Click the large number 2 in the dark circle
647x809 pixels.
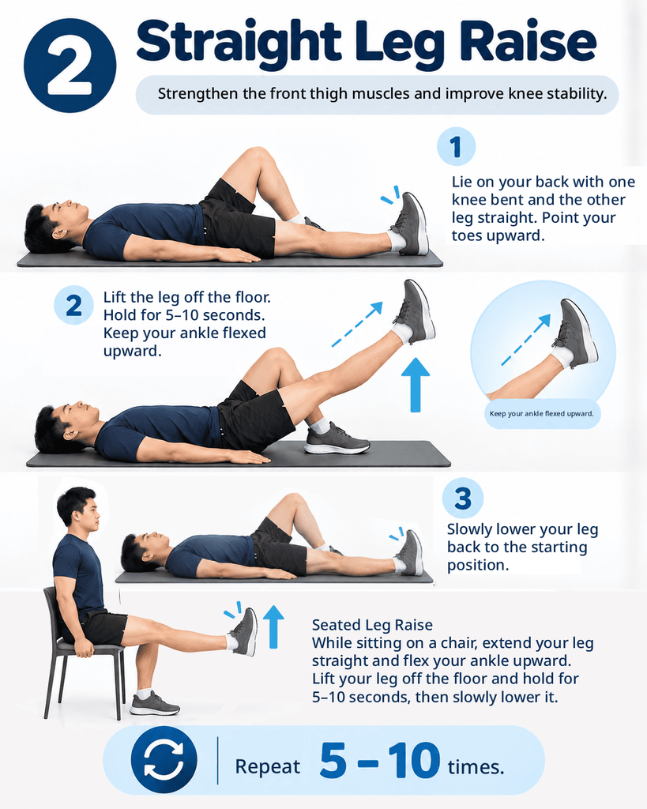(x=70, y=66)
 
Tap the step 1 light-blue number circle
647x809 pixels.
(x=456, y=146)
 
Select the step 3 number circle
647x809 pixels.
(x=463, y=499)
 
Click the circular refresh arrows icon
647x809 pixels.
(x=164, y=760)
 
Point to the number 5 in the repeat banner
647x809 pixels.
(x=333, y=760)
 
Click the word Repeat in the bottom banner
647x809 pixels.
(x=267, y=766)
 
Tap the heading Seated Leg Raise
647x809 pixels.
(x=372, y=625)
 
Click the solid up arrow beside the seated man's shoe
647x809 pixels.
(x=273, y=627)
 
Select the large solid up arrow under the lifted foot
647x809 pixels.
(x=416, y=385)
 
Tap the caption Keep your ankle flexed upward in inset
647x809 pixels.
(x=542, y=413)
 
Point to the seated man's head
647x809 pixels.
(x=78, y=508)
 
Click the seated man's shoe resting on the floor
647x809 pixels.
(x=154, y=704)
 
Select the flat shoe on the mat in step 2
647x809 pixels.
(x=336, y=439)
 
